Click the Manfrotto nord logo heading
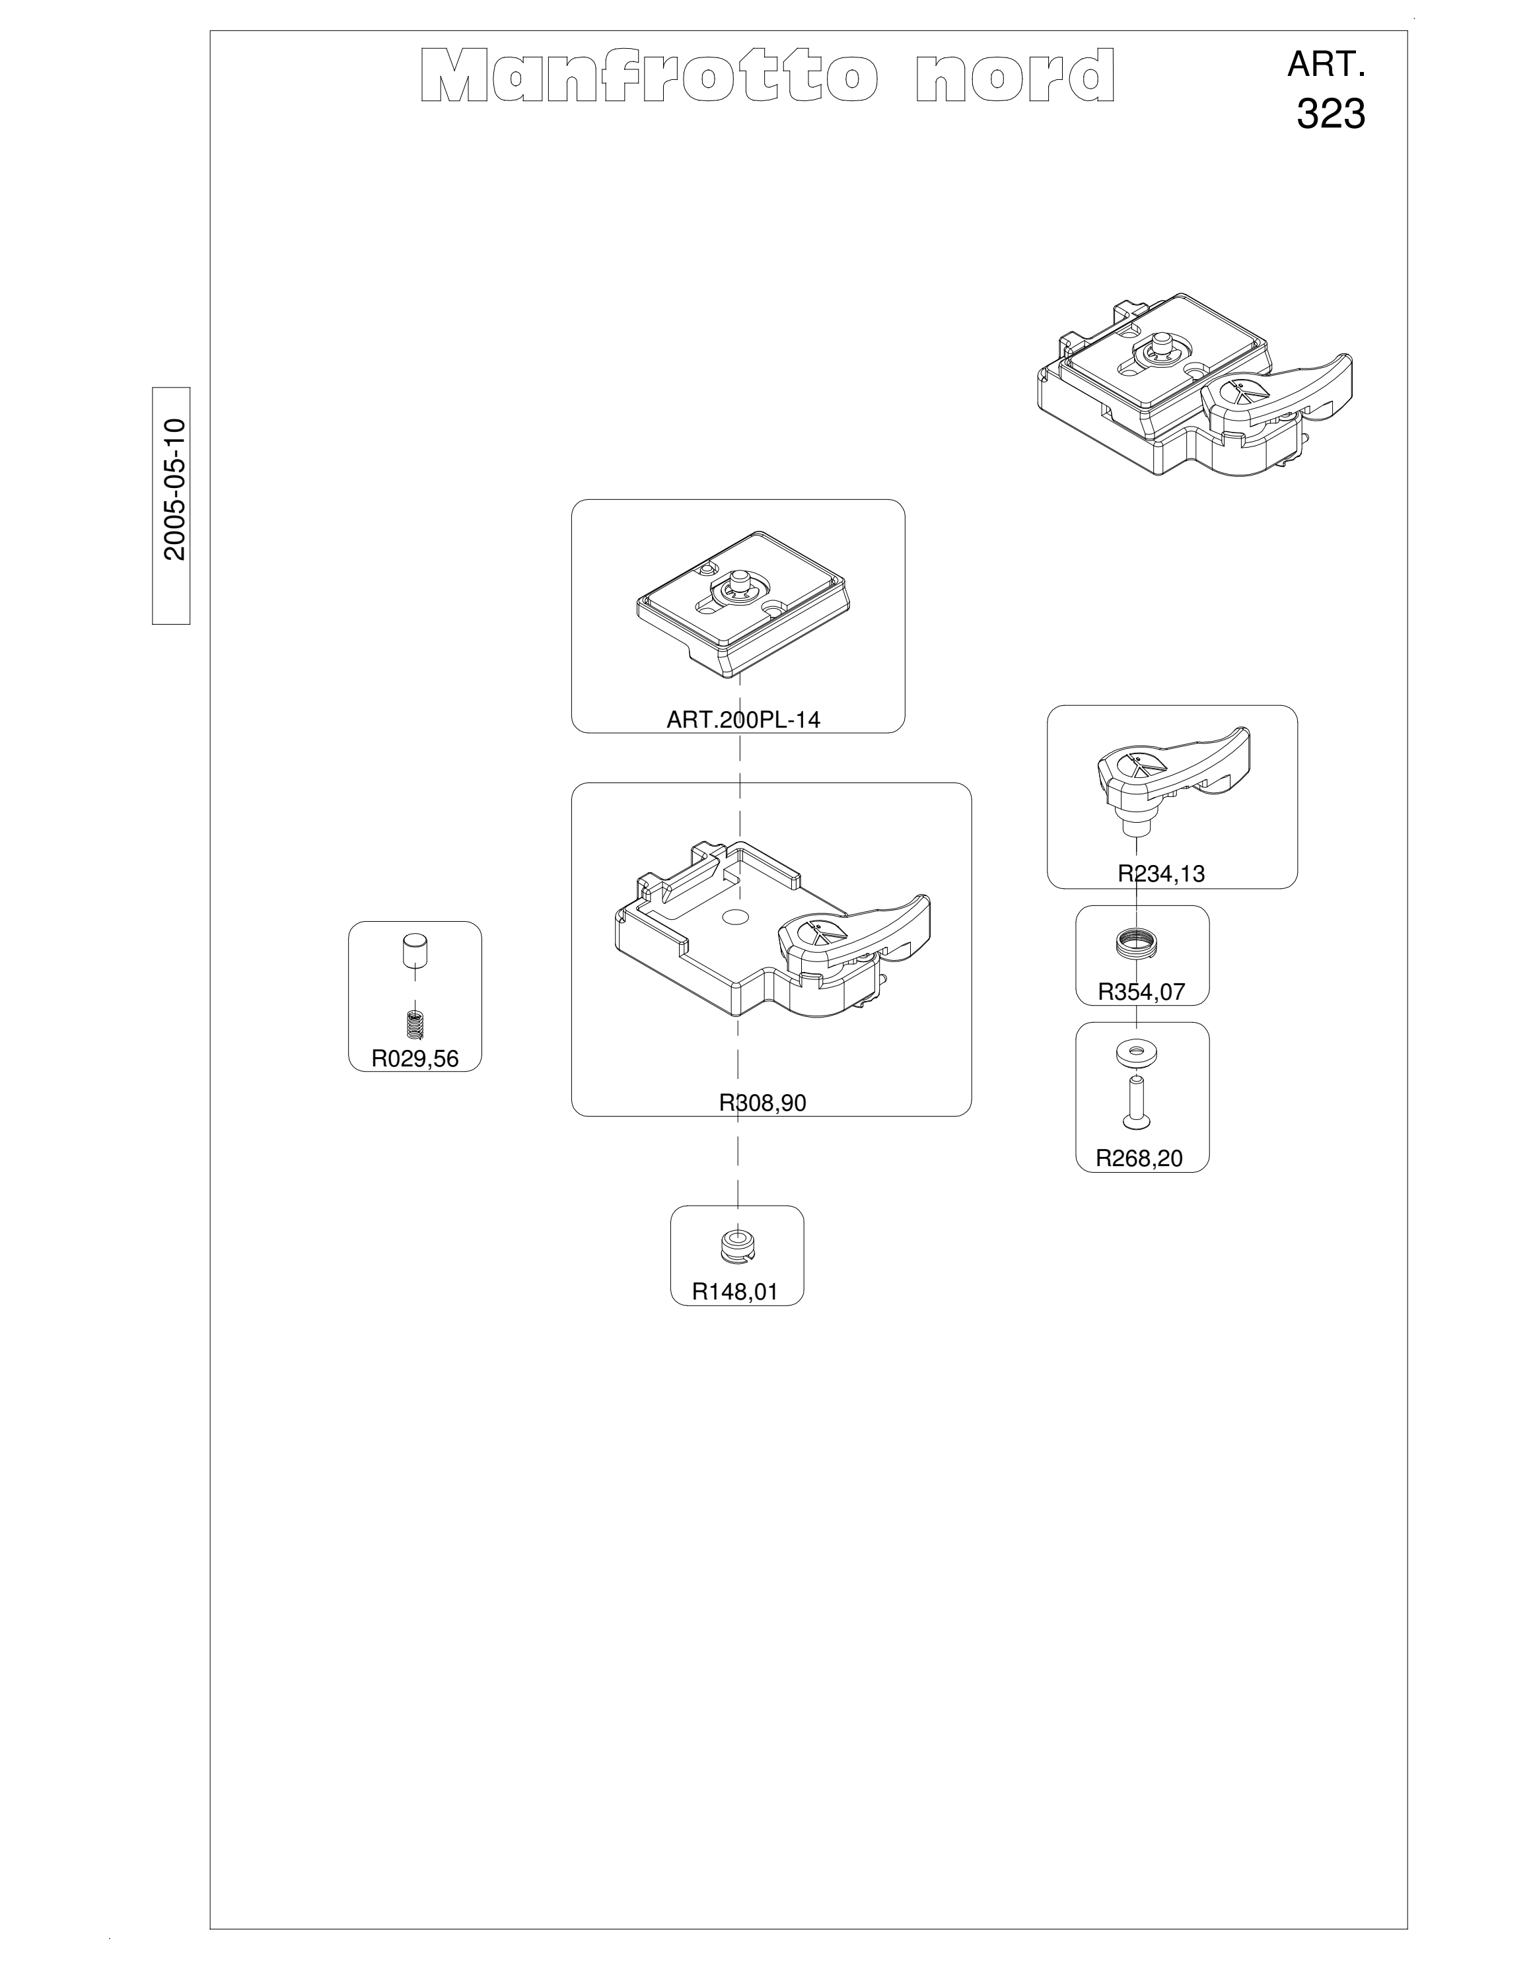767,75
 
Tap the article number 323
1331,114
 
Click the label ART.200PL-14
743,719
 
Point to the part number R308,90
762,1102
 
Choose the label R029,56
415,1059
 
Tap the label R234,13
1161,874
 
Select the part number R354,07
1141,991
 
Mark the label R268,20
1139,1158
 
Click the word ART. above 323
1327,65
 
